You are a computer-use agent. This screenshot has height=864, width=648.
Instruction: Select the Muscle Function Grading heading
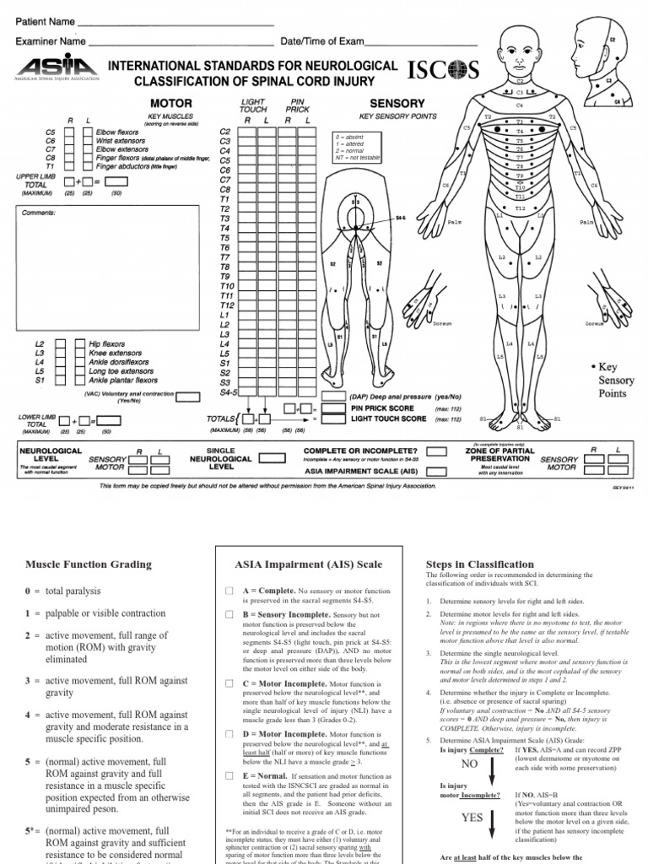(89, 564)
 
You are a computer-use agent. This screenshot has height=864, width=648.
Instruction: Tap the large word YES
(472, 818)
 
